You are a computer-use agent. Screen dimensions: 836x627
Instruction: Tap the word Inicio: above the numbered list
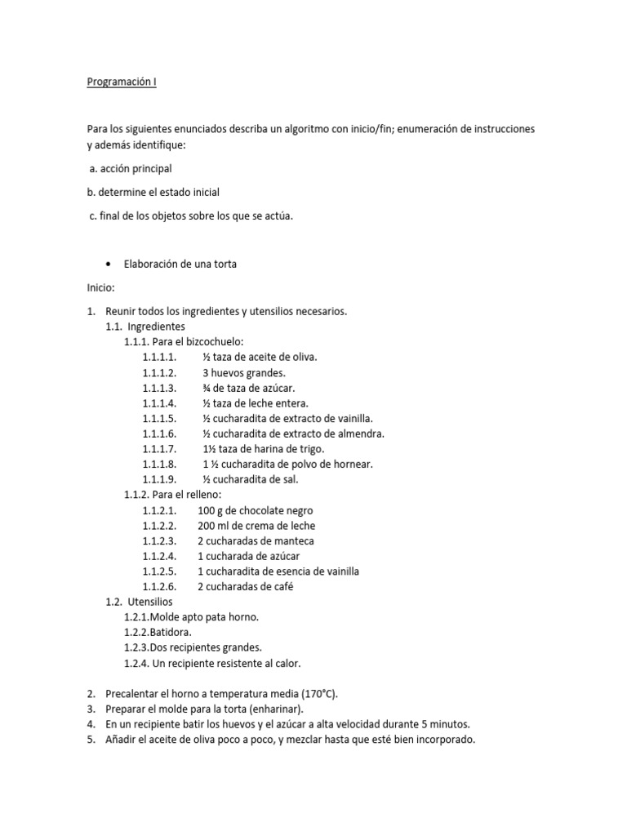point(102,287)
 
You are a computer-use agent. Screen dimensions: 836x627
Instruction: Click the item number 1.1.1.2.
point(159,372)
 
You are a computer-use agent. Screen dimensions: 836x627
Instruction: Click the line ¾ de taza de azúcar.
point(249,388)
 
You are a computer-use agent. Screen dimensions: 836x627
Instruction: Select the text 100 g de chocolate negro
point(255,510)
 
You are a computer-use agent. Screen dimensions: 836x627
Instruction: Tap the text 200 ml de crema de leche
point(256,526)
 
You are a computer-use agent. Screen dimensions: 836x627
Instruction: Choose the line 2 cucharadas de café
point(245,587)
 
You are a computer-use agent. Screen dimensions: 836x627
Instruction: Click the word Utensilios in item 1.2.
point(150,602)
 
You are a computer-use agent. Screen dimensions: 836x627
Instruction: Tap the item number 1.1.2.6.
point(159,587)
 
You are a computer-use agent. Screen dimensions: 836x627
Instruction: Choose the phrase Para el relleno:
point(186,495)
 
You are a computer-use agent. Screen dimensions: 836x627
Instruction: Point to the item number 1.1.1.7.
point(159,449)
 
